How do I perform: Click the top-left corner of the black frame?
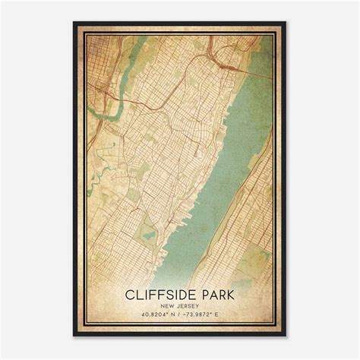(74, 22)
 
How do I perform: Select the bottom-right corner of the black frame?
(286, 336)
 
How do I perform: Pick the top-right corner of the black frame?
(286, 22)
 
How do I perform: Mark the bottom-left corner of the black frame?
(74, 336)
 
